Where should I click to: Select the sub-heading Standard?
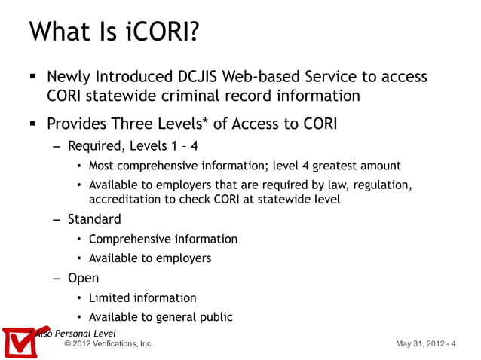(x=94, y=219)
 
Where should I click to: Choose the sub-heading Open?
(x=83, y=278)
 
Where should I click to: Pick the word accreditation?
(x=126, y=200)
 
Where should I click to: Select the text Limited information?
(x=142, y=297)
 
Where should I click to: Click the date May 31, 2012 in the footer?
(x=418, y=344)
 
